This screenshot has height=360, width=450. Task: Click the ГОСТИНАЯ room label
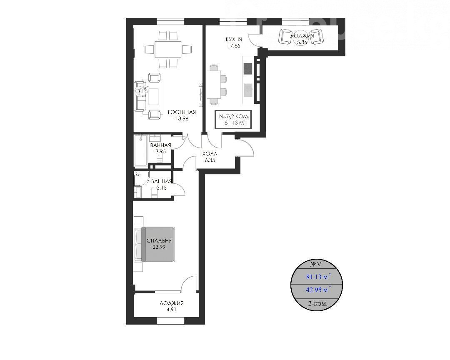(182, 112)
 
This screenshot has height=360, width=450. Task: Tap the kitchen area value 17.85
(234, 46)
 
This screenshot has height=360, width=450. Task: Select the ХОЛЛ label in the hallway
(210, 154)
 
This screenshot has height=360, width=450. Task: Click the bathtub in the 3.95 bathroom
(141, 150)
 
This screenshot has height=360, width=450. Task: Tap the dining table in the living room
(168, 50)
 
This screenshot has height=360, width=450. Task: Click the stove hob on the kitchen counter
(247, 69)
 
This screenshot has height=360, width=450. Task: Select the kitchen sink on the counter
(248, 90)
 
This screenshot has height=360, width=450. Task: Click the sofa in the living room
(140, 96)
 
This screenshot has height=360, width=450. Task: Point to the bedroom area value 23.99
(159, 247)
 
